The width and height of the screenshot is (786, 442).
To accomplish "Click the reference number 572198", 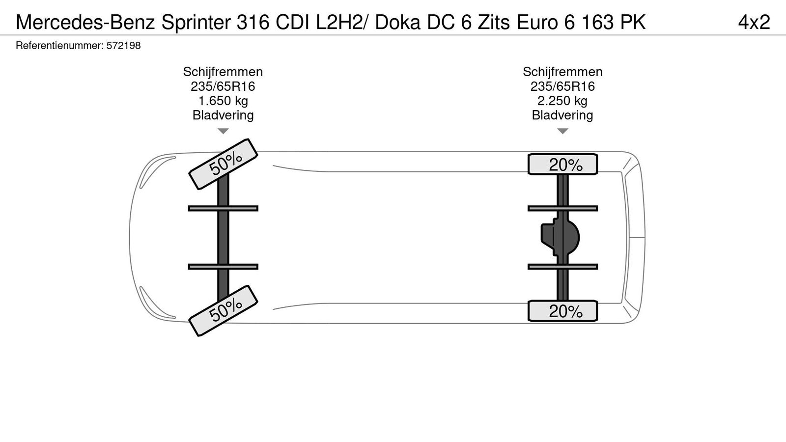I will tap(123, 46).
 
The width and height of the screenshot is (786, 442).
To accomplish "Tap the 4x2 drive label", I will tap(754, 22).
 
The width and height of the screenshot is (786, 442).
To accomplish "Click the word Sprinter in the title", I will tap(195, 22).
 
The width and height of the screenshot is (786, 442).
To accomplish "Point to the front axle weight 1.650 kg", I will tap(223, 101).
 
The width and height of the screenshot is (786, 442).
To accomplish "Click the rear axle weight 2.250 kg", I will tap(562, 101).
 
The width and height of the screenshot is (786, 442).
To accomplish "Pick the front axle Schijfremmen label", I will tap(223, 72).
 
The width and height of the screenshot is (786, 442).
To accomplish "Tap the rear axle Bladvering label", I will tap(562, 115).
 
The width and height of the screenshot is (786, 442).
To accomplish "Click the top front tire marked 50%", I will tap(224, 164).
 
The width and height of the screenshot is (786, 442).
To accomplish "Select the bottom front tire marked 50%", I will tap(224, 310).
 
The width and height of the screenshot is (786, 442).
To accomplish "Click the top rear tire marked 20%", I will tap(562, 165).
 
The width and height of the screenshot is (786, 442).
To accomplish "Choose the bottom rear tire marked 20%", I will tap(562, 311).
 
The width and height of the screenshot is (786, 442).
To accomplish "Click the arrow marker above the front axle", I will tap(223, 131).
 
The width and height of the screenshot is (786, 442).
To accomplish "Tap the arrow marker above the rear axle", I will tap(562, 131).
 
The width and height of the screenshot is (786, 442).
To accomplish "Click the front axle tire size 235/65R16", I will tap(223, 86).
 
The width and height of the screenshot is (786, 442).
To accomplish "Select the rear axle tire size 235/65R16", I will tap(562, 86).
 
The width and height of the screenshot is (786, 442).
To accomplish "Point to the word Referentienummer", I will tap(59, 46).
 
